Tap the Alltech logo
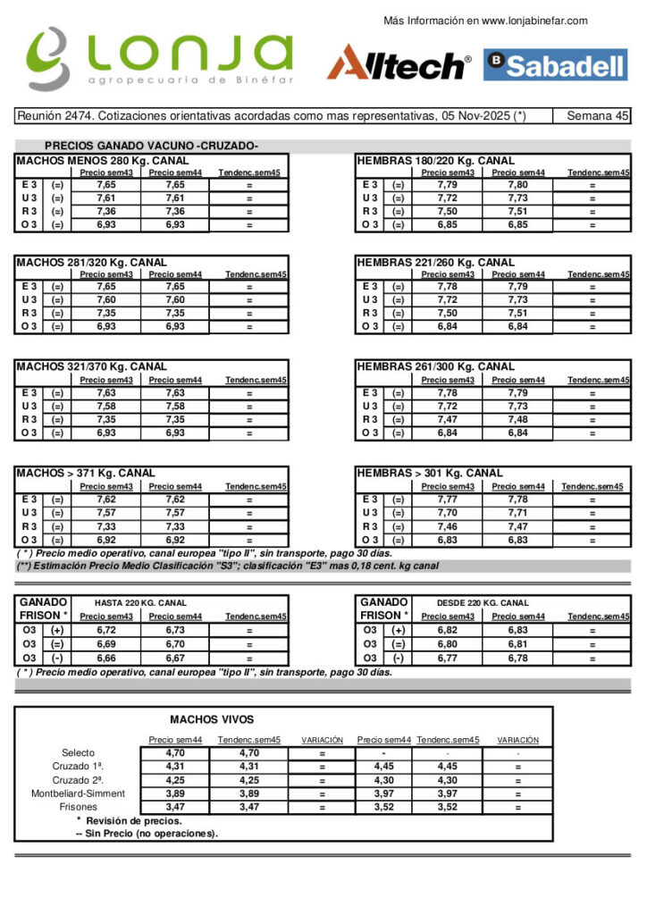coord(399,63)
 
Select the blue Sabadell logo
coord(555,64)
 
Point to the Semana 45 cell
coord(599,116)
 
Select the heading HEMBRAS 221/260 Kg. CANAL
coord(435,263)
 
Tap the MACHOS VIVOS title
coord(212,719)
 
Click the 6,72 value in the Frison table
coord(106,630)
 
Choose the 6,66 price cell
coord(106,658)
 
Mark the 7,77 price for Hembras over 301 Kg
coord(449,499)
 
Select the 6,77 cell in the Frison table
coord(449,658)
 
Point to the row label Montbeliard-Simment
coord(79,793)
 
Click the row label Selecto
coord(79,753)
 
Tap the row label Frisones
coord(79,807)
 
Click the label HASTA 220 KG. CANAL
coord(140,603)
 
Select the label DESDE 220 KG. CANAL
coord(482,603)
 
